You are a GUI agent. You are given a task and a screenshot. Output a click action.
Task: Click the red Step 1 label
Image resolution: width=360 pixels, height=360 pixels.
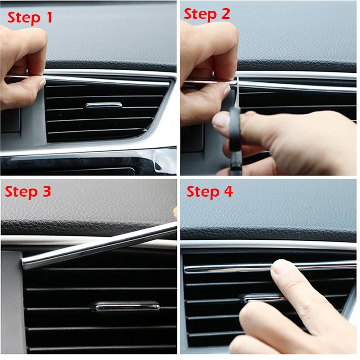(30, 18)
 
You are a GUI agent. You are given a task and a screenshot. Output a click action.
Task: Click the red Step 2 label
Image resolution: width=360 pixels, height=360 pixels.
(207, 14)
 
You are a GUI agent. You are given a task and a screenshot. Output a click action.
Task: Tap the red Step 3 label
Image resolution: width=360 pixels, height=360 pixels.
(28, 192)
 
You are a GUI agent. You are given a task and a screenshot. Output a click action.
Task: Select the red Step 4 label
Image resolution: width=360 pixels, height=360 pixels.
(210, 192)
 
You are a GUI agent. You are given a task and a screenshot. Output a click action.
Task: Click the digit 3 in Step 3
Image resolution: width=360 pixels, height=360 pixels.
(46, 192)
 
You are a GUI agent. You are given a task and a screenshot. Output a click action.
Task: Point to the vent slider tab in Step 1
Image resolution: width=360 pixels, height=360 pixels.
(103, 106)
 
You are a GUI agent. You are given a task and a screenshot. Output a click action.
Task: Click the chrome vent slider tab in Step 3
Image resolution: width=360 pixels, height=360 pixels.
(126, 306)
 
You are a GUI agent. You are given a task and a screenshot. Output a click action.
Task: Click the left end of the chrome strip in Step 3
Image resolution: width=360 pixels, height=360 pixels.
(26, 263)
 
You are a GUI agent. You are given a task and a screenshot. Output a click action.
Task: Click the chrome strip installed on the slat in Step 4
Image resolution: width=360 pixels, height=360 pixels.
(225, 268)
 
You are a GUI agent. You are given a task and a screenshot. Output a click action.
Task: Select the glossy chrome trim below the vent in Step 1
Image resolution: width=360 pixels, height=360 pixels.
(90, 151)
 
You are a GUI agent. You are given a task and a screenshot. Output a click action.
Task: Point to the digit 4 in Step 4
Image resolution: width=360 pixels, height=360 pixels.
(228, 192)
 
